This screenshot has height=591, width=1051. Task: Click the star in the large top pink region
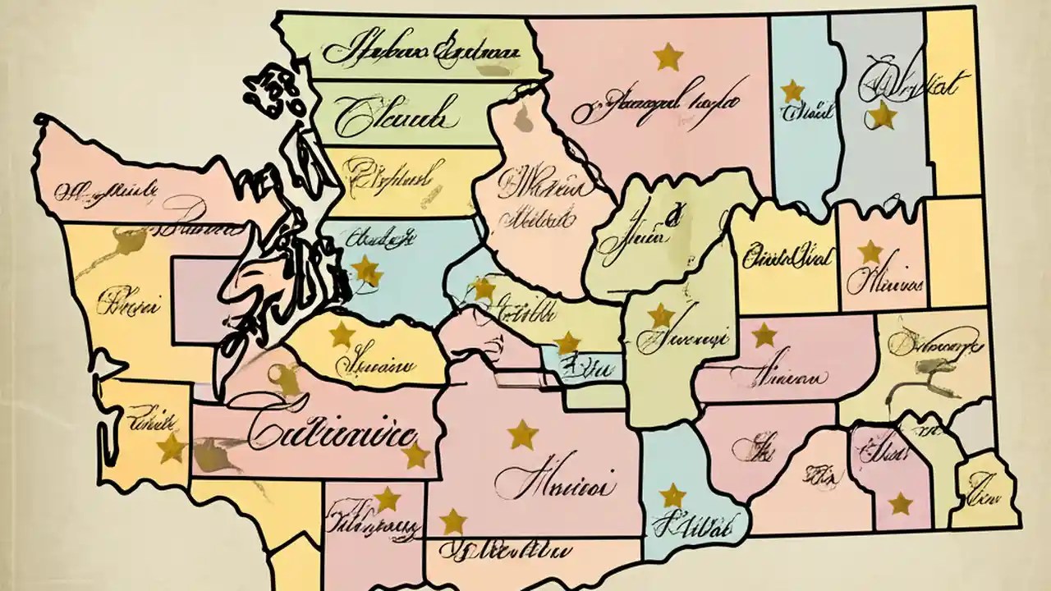[x=668, y=57]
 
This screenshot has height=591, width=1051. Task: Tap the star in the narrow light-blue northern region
[x=792, y=90]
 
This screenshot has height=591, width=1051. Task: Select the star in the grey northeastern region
[x=883, y=116]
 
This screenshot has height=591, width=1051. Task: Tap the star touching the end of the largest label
[x=416, y=456]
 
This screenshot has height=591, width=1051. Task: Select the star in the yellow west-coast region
[x=171, y=447]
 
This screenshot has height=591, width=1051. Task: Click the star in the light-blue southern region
[x=672, y=495]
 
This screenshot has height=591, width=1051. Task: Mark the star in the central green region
[x=660, y=315]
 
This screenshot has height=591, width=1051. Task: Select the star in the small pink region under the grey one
[x=870, y=252]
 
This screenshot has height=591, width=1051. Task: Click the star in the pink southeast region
[x=900, y=503]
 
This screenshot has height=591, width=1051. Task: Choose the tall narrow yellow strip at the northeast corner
[x=953, y=103]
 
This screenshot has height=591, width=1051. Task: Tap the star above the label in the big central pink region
[x=522, y=434]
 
